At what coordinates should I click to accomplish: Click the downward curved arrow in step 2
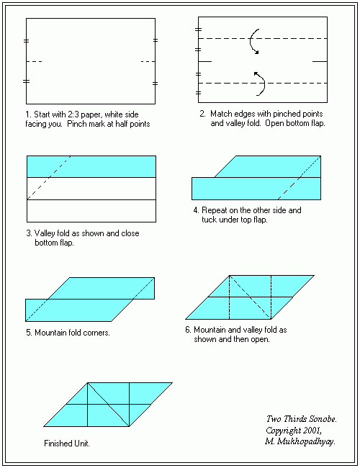coord(250,41)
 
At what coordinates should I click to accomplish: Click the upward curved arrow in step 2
coord(264,83)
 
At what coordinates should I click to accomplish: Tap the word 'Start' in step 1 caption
coord(42,114)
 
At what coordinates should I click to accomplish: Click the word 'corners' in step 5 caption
coord(96,333)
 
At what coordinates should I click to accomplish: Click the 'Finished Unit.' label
coord(67,444)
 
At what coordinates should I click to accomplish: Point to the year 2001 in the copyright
coord(312,431)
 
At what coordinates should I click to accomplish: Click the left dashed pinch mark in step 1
coord(34,61)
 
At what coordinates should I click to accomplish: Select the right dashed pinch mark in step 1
coord(148,61)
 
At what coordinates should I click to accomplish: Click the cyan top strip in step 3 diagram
coord(91,166)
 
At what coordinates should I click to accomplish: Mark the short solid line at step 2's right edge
coord(320,61)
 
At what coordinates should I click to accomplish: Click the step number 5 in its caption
coord(28,333)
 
